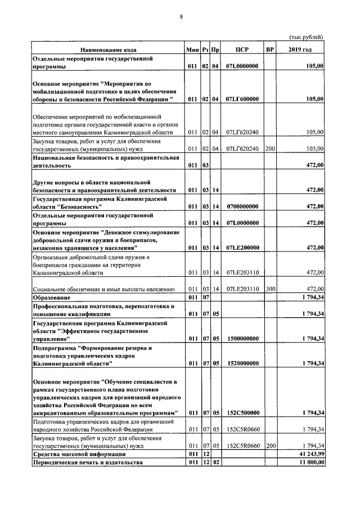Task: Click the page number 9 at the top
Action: point(181,17)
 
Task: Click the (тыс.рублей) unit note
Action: point(307,37)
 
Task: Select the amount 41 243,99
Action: point(309,453)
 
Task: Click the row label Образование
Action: point(51,296)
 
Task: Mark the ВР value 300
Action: point(270,289)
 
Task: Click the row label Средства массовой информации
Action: point(79,453)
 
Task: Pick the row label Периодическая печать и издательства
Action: point(88,462)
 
